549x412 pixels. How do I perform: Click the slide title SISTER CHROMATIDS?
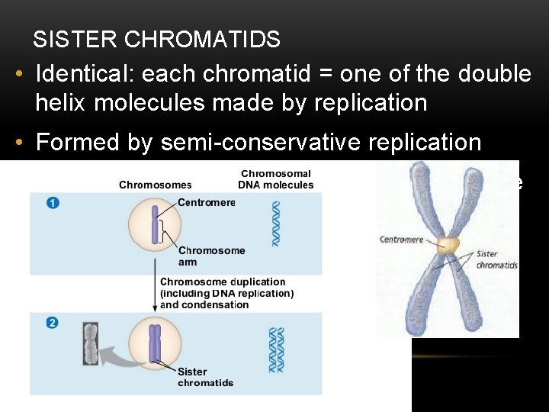point(156,40)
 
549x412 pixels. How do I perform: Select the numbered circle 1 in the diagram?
point(52,203)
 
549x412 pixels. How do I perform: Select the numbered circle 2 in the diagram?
point(52,322)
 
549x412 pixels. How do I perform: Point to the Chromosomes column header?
point(156,185)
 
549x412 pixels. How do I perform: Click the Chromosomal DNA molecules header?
point(277,179)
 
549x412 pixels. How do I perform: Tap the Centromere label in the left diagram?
point(206,203)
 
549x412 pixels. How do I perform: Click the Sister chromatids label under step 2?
point(205,377)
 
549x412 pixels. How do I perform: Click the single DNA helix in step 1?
point(276,223)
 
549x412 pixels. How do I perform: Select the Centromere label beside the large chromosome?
point(400,240)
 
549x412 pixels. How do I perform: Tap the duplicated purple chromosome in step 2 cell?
point(156,343)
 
